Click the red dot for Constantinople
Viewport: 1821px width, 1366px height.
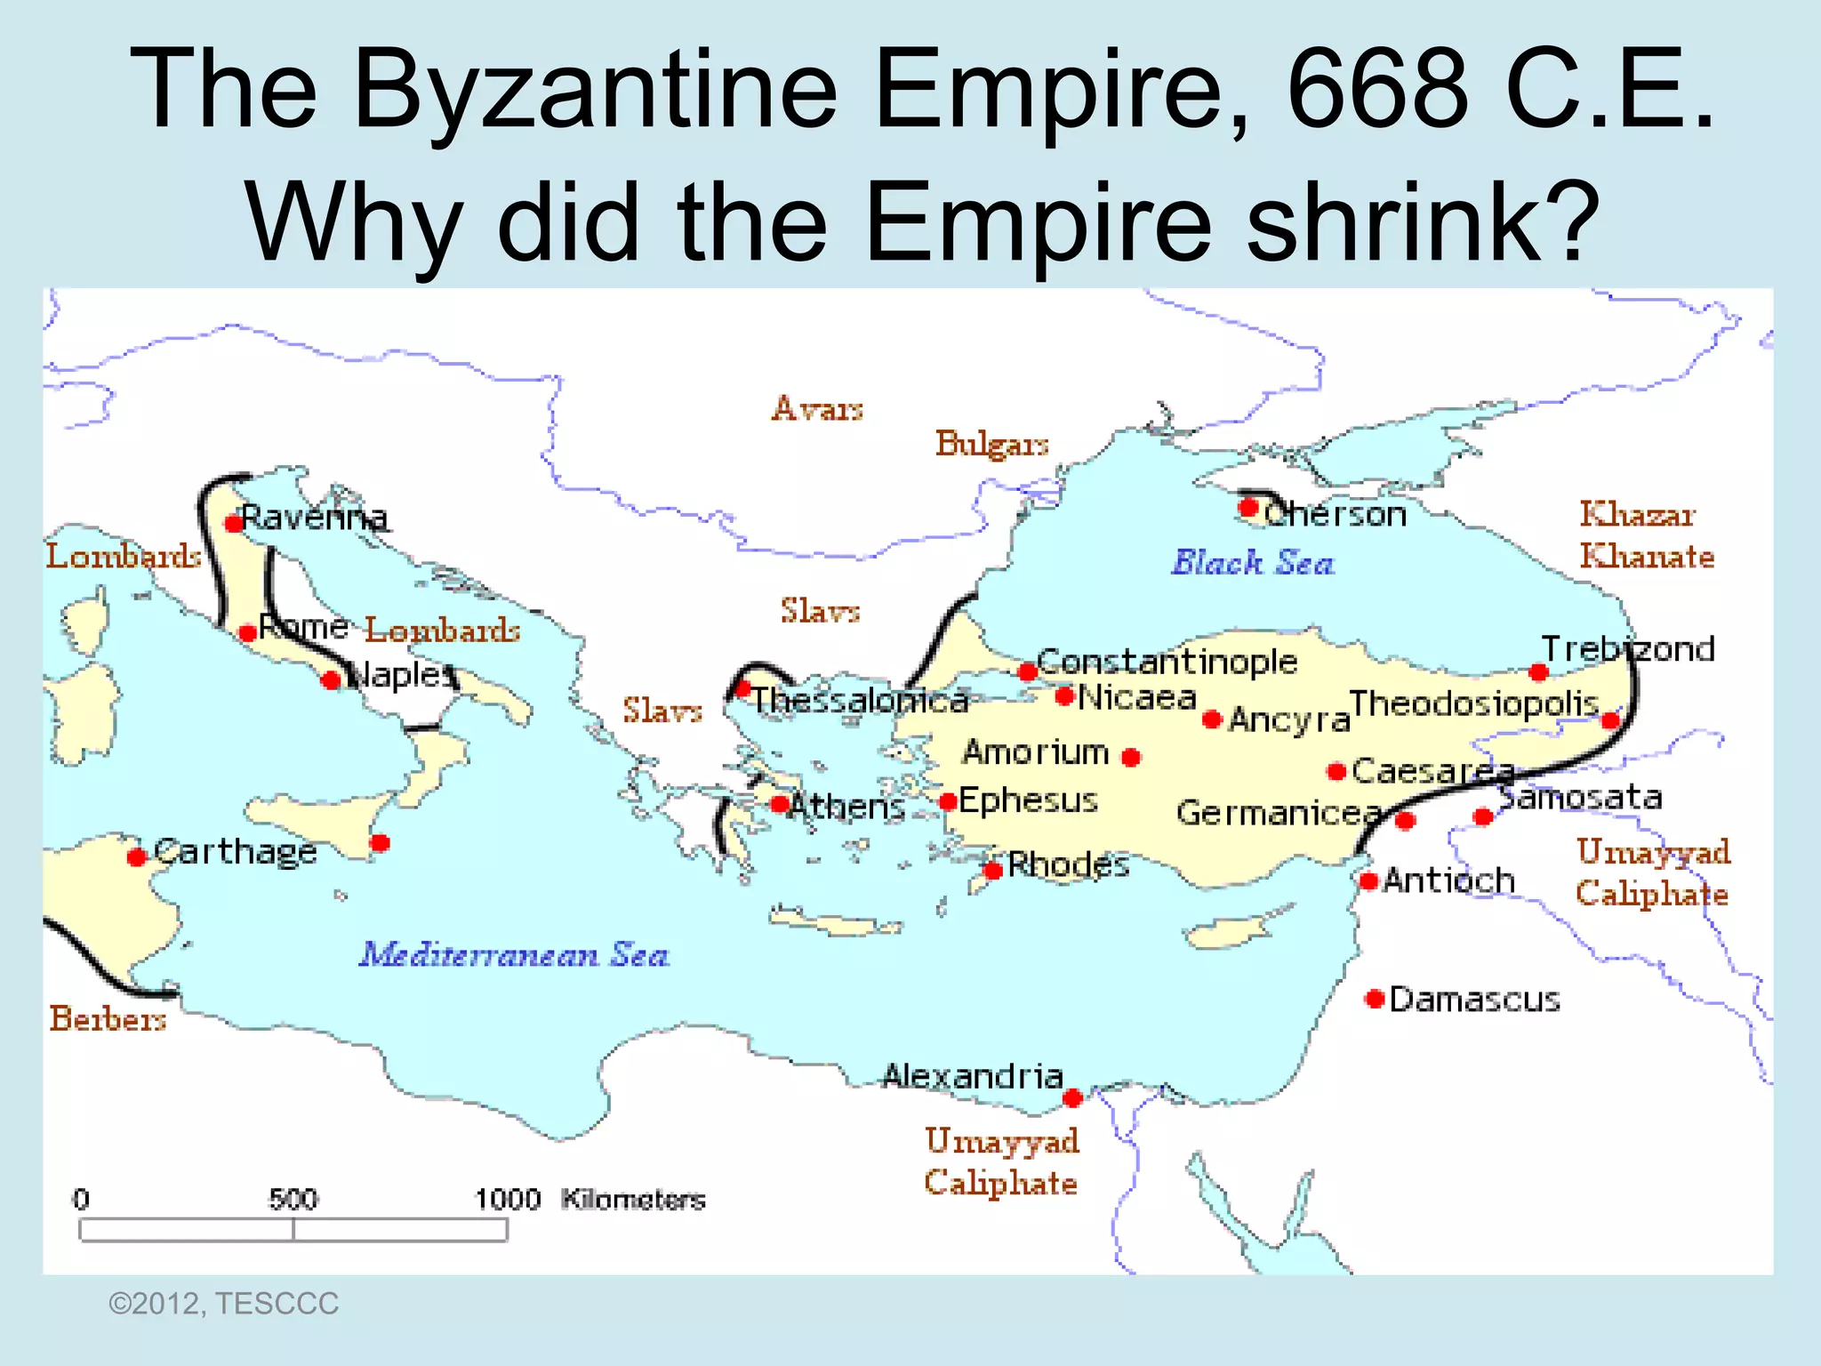click(1028, 671)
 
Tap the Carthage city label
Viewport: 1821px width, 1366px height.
click(236, 852)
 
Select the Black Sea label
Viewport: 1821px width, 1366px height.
click(1253, 563)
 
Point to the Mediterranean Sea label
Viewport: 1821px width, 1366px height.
click(514, 955)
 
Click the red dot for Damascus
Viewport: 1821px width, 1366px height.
click(1375, 999)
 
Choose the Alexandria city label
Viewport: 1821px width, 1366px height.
click(973, 1077)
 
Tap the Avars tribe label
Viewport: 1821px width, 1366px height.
click(817, 408)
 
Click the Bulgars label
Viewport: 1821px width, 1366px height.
click(991, 443)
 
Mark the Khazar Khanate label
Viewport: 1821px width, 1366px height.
click(1646, 535)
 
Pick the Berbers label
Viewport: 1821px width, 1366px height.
click(108, 1018)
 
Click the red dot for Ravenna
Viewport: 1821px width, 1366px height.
click(234, 523)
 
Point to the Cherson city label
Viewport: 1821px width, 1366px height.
click(1335, 514)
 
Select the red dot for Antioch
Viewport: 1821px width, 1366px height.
click(1369, 881)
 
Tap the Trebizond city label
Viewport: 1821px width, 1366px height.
click(1628, 649)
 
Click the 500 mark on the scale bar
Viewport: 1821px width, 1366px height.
click(293, 1200)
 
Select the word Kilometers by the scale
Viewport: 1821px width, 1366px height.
click(633, 1200)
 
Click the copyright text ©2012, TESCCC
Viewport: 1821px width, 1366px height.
click(223, 1304)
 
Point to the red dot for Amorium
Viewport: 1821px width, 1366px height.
click(1131, 758)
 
